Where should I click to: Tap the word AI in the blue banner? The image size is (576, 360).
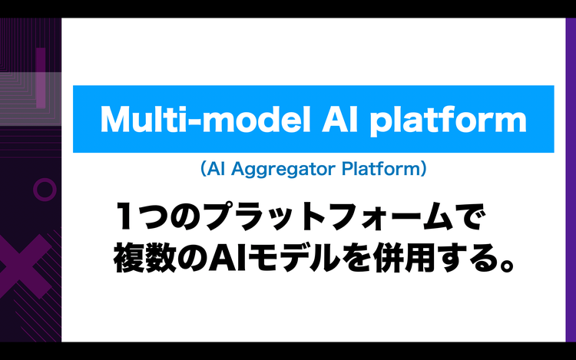[x=339, y=119]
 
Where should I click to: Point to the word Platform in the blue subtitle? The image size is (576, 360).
[x=381, y=169]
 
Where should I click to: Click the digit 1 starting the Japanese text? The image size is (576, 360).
[x=123, y=216]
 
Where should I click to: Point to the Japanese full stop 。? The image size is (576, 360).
[x=508, y=265]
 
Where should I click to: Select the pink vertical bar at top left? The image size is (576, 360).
[x=41, y=78]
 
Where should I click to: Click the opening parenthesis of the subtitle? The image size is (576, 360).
[x=204, y=169]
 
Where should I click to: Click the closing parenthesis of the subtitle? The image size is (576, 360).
[x=424, y=169]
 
